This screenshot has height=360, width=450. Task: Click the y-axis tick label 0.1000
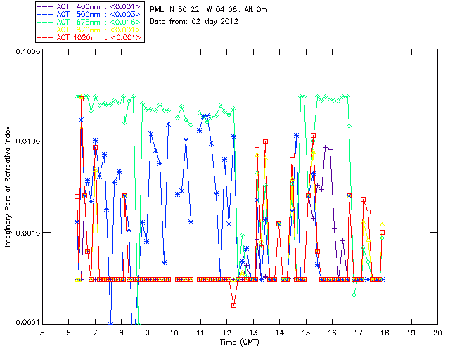(26, 53)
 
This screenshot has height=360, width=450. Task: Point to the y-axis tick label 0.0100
(26, 142)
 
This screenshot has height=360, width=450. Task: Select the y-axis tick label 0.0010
(26, 233)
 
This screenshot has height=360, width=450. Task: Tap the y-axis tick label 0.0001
(26, 323)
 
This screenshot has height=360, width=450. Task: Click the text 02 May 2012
(216, 22)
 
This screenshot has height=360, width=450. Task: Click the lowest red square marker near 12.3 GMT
(233, 305)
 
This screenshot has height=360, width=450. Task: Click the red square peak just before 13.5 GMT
(265, 142)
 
